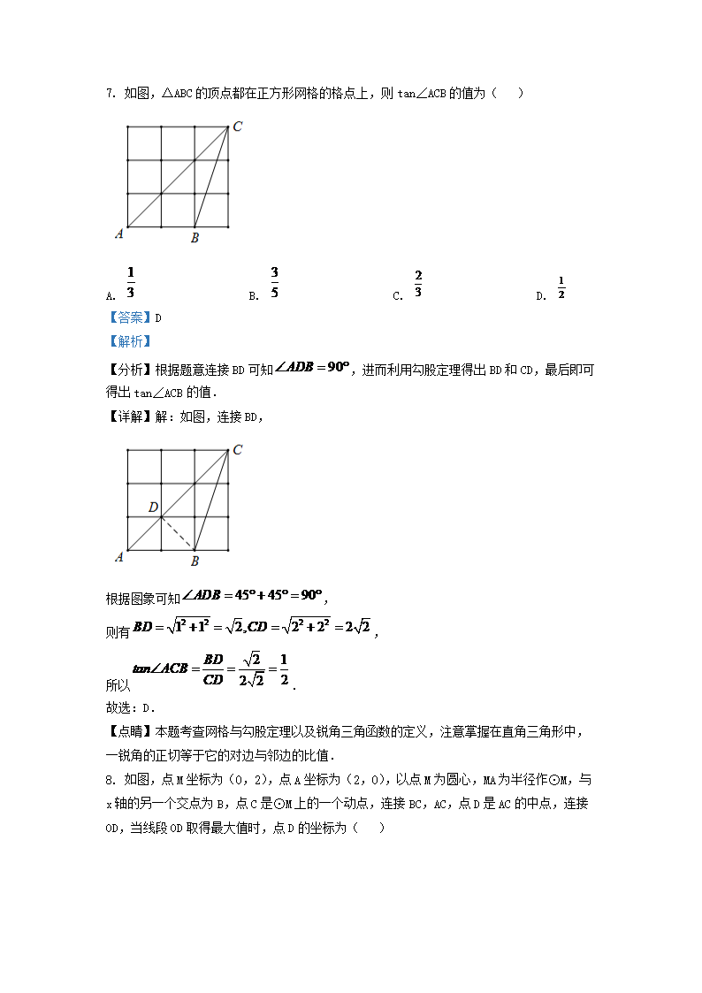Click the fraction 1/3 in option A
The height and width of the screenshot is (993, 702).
[x=130, y=282]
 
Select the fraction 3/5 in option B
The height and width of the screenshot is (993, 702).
[x=275, y=282]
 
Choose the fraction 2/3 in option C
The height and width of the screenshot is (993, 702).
[x=418, y=285]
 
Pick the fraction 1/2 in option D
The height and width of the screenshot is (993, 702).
[x=561, y=287]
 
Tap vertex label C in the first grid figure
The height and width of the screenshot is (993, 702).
[x=238, y=127]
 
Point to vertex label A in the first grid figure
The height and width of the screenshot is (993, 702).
[x=118, y=233]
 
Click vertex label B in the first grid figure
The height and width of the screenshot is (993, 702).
[x=195, y=237]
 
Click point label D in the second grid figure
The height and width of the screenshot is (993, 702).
[x=153, y=508]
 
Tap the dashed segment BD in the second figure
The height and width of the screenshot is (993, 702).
[x=178, y=533]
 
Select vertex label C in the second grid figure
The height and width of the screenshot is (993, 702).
[x=238, y=450]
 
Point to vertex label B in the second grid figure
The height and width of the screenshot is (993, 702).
[x=195, y=561]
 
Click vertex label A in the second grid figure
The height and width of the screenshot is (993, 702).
[x=118, y=556]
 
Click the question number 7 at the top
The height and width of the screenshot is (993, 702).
[x=109, y=93]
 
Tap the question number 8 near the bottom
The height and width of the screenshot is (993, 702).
[x=109, y=779]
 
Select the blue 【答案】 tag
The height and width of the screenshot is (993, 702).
[x=128, y=317]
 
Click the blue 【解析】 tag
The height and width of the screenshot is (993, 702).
[x=128, y=340]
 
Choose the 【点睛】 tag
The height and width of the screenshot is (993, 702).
[x=128, y=731]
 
